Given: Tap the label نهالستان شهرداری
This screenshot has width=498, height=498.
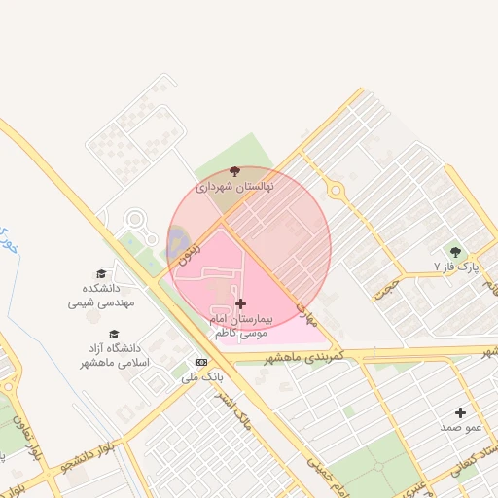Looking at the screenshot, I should tap(235, 186).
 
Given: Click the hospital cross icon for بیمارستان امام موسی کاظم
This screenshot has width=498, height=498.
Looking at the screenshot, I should tap(241, 304).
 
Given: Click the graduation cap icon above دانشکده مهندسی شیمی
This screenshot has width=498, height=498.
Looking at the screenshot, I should tap(101, 274).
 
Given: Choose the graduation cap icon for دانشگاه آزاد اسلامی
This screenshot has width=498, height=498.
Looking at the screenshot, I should tap(115, 334).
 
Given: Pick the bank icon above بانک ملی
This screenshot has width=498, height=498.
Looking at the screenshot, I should tap(201, 361).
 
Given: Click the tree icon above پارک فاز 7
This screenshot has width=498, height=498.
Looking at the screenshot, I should tap(455, 252).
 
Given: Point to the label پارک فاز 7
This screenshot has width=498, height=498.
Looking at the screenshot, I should tap(456, 266).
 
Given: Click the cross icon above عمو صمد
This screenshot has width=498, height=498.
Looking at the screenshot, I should tap(461, 412).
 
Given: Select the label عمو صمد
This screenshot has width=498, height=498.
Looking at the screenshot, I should tap(461, 427).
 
